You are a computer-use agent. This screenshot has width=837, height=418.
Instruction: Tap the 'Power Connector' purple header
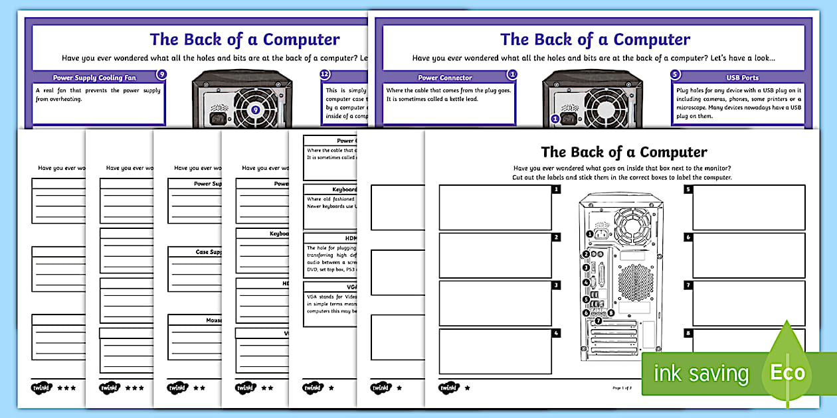click(444, 78)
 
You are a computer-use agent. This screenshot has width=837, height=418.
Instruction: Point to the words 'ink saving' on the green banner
click(701, 374)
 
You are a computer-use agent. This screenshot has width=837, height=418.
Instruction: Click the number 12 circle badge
click(325, 75)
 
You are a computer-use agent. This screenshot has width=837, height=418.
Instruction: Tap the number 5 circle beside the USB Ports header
click(676, 75)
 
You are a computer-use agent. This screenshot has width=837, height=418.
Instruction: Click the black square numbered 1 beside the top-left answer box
click(556, 189)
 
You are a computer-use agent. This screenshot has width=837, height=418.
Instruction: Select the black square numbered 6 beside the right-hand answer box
click(689, 237)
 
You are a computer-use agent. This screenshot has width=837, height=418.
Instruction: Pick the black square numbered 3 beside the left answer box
click(556, 285)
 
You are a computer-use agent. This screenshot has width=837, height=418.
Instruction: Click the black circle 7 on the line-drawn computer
click(598, 320)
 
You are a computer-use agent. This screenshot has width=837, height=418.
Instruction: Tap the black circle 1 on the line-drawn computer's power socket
click(589, 233)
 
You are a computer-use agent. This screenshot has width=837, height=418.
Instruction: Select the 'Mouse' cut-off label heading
click(213, 320)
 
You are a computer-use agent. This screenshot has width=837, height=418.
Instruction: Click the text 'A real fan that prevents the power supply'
click(98, 91)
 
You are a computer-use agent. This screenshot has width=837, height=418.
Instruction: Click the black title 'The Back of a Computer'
click(624, 153)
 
